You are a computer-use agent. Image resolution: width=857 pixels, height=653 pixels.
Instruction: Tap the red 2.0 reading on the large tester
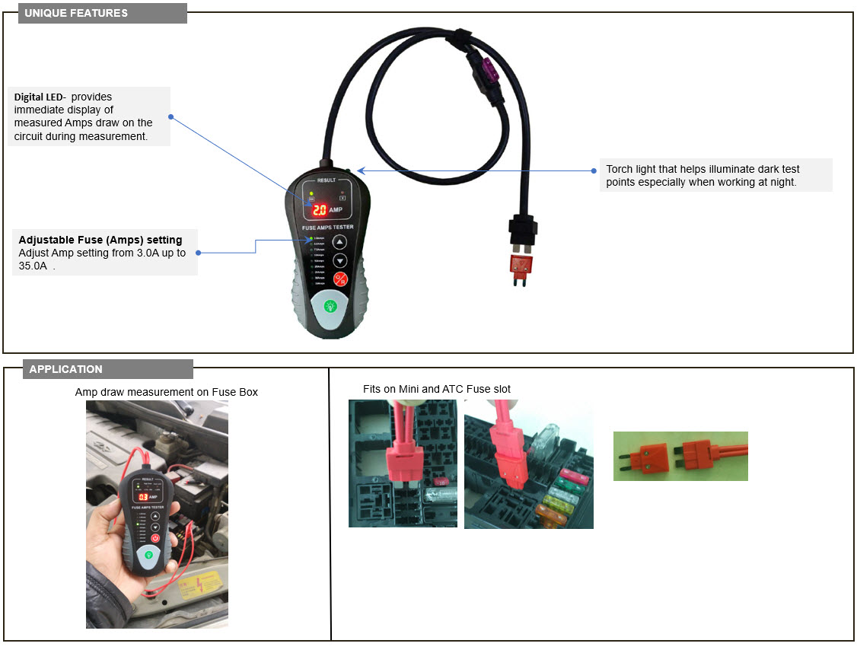(x=320, y=209)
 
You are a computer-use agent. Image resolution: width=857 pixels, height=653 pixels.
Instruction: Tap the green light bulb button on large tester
(x=330, y=307)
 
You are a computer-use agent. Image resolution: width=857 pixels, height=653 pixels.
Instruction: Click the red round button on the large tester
(x=340, y=279)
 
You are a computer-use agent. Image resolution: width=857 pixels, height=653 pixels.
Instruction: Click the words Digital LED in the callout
(x=39, y=97)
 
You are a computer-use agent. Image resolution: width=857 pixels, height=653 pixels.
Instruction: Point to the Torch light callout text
(x=702, y=175)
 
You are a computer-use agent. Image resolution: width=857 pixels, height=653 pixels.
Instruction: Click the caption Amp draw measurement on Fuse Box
(x=166, y=392)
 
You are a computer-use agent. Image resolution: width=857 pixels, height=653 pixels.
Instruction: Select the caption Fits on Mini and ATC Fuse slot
(x=436, y=389)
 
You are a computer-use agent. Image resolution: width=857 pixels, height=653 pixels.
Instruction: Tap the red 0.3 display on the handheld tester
(x=142, y=497)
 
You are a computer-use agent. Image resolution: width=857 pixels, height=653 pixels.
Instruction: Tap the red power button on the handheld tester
(x=155, y=538)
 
